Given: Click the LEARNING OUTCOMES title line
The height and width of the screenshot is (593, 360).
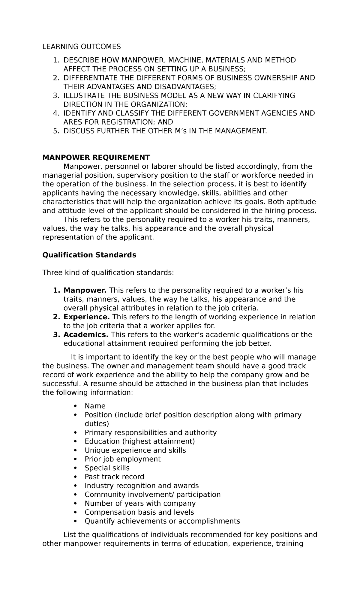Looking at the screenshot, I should pyautogui.click(x=81, y=47).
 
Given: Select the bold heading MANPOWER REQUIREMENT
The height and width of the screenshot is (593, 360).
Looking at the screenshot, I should pyautogui.click(x=96, y=158).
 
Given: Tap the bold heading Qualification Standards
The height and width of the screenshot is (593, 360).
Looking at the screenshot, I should pyautogui.click(x=89, y=255).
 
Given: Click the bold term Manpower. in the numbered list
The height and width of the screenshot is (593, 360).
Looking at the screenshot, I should pyautogui.click(x=85, y=290).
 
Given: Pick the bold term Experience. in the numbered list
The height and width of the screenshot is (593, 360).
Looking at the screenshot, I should pyautogui.click(x=87, y=317).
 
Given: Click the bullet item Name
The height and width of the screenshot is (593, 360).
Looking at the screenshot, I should pyautogui.click(x=95, y=406).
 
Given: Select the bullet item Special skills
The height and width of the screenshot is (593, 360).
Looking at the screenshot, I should pyautogui.click(x=107, y=468).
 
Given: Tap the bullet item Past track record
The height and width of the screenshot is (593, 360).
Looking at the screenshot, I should pyautogui.click(x=114, y=477).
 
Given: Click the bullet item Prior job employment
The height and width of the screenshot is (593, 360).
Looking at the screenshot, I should pyautogui.click(x=122, y=459).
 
